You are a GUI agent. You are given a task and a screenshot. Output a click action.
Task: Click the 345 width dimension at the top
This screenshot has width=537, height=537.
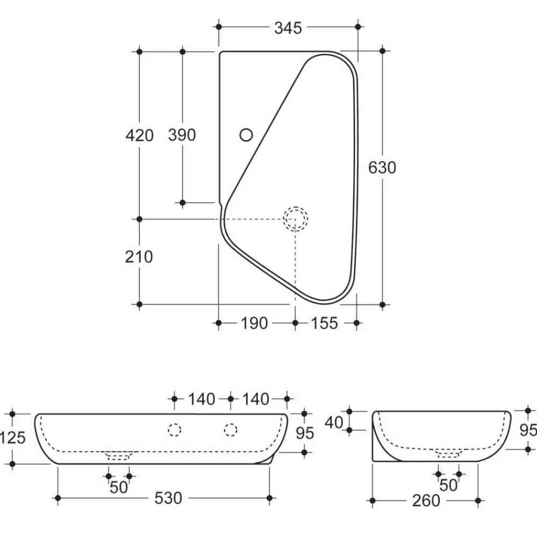pos(288,27)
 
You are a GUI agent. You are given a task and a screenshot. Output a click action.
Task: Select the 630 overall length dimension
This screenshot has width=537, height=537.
pos(382,168)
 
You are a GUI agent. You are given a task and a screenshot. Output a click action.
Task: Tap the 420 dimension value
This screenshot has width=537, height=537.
pos(140,135)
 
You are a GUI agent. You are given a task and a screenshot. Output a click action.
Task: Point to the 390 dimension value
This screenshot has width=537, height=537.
pos(182,135)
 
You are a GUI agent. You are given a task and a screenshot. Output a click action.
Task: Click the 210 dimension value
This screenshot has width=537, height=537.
pos(140,257)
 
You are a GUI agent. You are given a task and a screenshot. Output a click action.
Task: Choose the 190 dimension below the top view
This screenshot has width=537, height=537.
pos(253,323)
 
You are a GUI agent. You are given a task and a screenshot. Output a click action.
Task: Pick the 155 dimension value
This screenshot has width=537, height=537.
pos(324,323)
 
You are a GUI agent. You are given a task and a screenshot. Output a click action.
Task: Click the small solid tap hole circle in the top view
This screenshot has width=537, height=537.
pos(246,135)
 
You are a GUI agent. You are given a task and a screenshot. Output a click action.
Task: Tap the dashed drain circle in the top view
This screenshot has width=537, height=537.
pos(296,219)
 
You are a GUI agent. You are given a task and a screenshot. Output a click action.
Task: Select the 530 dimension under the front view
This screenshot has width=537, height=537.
pos(168,498)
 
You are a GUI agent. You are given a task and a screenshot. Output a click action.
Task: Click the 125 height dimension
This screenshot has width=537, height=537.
pos(12,438)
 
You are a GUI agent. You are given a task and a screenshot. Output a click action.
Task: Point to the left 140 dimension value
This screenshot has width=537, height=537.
pos(201,399)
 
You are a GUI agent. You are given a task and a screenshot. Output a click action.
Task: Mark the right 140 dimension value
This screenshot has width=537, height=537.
pos(256,399)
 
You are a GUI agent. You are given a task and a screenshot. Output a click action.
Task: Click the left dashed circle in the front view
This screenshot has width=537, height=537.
pos(175,430)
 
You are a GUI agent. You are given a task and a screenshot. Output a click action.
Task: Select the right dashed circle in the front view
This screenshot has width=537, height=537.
pos(230,430)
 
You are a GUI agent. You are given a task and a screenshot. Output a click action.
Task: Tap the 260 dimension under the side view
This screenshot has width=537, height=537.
pos(426,501)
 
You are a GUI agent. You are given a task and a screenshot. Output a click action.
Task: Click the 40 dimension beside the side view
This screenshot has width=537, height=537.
pos(334,423)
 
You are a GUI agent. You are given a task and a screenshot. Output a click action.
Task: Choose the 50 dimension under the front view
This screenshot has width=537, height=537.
pos(119,488)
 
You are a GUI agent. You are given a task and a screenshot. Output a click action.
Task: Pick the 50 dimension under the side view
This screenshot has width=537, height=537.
pos(448,485)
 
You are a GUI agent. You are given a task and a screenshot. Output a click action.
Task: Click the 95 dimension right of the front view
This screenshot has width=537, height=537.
pos(305,433)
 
